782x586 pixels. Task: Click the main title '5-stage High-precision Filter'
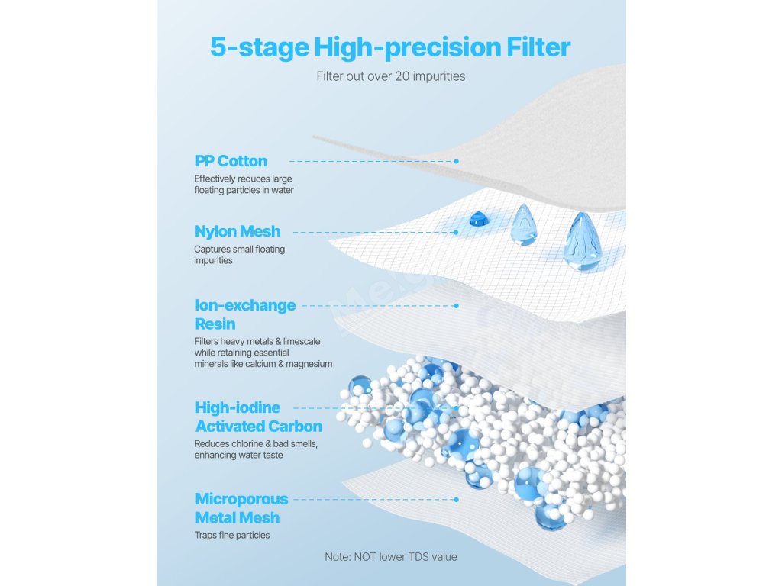[390, 48]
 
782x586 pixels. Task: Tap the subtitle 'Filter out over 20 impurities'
[390, 76]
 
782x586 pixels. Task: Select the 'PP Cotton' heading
[231, 161]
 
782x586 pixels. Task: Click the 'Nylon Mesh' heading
[238, 231]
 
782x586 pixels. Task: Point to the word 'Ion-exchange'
[245, 305]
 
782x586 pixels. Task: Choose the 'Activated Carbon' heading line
[258, 426]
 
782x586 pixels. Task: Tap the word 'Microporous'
[241, 499]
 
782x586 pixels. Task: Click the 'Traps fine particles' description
[232, 535]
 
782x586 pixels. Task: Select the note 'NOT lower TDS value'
[405, 556]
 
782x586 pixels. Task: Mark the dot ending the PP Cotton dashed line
[457, 162]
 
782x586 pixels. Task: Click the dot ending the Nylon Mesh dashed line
[456, 232]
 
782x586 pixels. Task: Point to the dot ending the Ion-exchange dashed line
[457, 305]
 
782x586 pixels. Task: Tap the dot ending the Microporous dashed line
[457, 499]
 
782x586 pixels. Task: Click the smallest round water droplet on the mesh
[478, 219]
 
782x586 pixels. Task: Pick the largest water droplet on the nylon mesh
[583, 241]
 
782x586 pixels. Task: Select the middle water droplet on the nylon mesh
[523, 225]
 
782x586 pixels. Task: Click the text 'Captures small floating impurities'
[239, 255]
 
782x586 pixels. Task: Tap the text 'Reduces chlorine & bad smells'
[256, 443]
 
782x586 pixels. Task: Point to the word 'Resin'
[215, 324]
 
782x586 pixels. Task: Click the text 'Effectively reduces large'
[243, 179]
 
